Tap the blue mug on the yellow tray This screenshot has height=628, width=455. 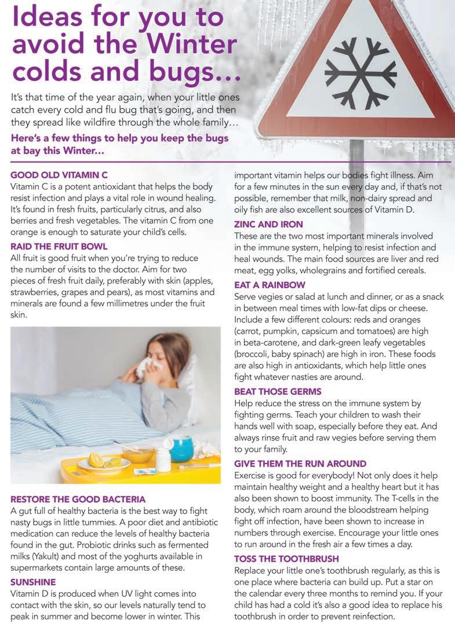pos(181,449)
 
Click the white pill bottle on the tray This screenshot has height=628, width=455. pos(164,460)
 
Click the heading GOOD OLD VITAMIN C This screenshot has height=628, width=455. pos(59,174)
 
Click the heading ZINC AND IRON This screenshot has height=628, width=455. pos(268,224)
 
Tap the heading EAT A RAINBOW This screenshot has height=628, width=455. pos(269,285)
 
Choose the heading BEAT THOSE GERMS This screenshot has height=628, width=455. pos(278,392)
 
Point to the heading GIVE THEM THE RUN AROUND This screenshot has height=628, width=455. pos(300,464)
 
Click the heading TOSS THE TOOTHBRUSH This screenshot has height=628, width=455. pos(287,559)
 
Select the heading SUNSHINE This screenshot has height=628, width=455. pos(34,582)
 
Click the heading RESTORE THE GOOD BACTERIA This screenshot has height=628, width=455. pos(78,499)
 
